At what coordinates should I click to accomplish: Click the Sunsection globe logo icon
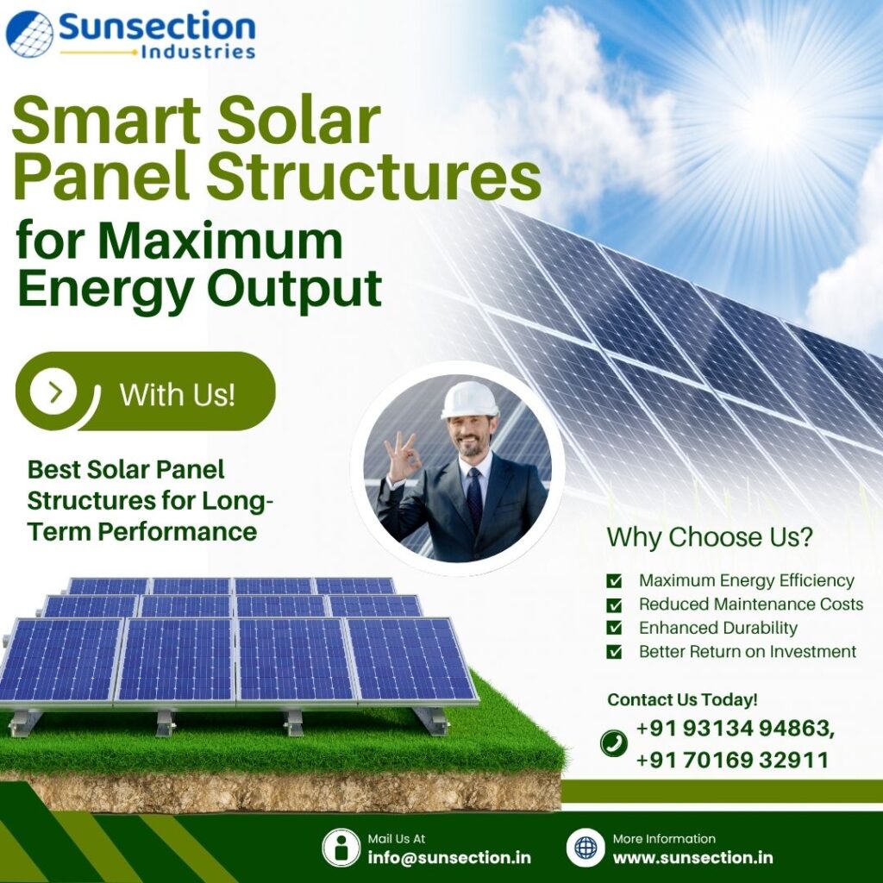click(29, 33)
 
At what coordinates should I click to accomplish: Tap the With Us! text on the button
click(177, 394)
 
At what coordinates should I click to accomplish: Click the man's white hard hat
click(469, 399)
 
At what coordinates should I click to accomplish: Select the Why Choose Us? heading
click(709, 536)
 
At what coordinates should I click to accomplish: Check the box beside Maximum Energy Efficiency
click(614, 581)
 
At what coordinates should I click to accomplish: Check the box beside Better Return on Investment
click(614, 652)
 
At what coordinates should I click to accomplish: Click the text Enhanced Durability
click(717, 628)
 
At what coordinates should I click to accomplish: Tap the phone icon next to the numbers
click(614, 742)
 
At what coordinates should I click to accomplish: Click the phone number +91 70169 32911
click(732, 760)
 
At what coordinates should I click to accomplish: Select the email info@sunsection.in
click(448, 857)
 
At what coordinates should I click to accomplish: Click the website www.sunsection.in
click(692, 857)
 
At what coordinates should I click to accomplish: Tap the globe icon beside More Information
click(586, 848)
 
